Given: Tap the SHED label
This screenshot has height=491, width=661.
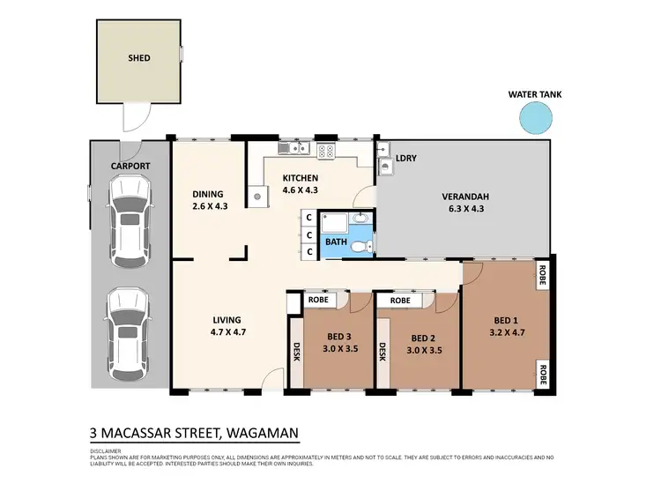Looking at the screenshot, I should coord(139,58).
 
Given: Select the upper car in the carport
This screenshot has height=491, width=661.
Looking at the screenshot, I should coord(128,216).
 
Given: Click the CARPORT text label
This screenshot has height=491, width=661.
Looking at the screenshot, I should coord(130,166).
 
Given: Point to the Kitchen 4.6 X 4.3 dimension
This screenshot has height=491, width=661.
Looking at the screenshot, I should coord(300,190).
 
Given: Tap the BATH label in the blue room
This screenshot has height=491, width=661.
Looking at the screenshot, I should coord(336,241).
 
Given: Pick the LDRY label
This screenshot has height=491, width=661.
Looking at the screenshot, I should coord(406,159).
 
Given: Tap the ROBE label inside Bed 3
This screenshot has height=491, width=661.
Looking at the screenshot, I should coord(317,301).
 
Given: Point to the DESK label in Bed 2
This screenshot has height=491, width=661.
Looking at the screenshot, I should coord(383,353).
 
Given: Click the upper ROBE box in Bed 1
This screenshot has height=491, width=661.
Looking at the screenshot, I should coord(540,275).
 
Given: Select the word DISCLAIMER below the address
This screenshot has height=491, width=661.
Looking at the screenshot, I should coord(106,450).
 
